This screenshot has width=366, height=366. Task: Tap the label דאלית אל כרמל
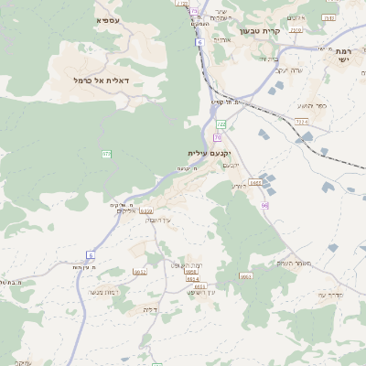[101, 81]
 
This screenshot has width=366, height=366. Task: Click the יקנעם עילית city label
[209, 153]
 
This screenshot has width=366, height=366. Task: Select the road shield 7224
[303, 120]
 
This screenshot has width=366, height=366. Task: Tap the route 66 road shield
[264, 206]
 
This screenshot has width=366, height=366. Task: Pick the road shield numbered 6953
[246, 275]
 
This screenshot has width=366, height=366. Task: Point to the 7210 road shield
[296, 30]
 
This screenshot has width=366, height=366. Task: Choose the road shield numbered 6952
[139, 272]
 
